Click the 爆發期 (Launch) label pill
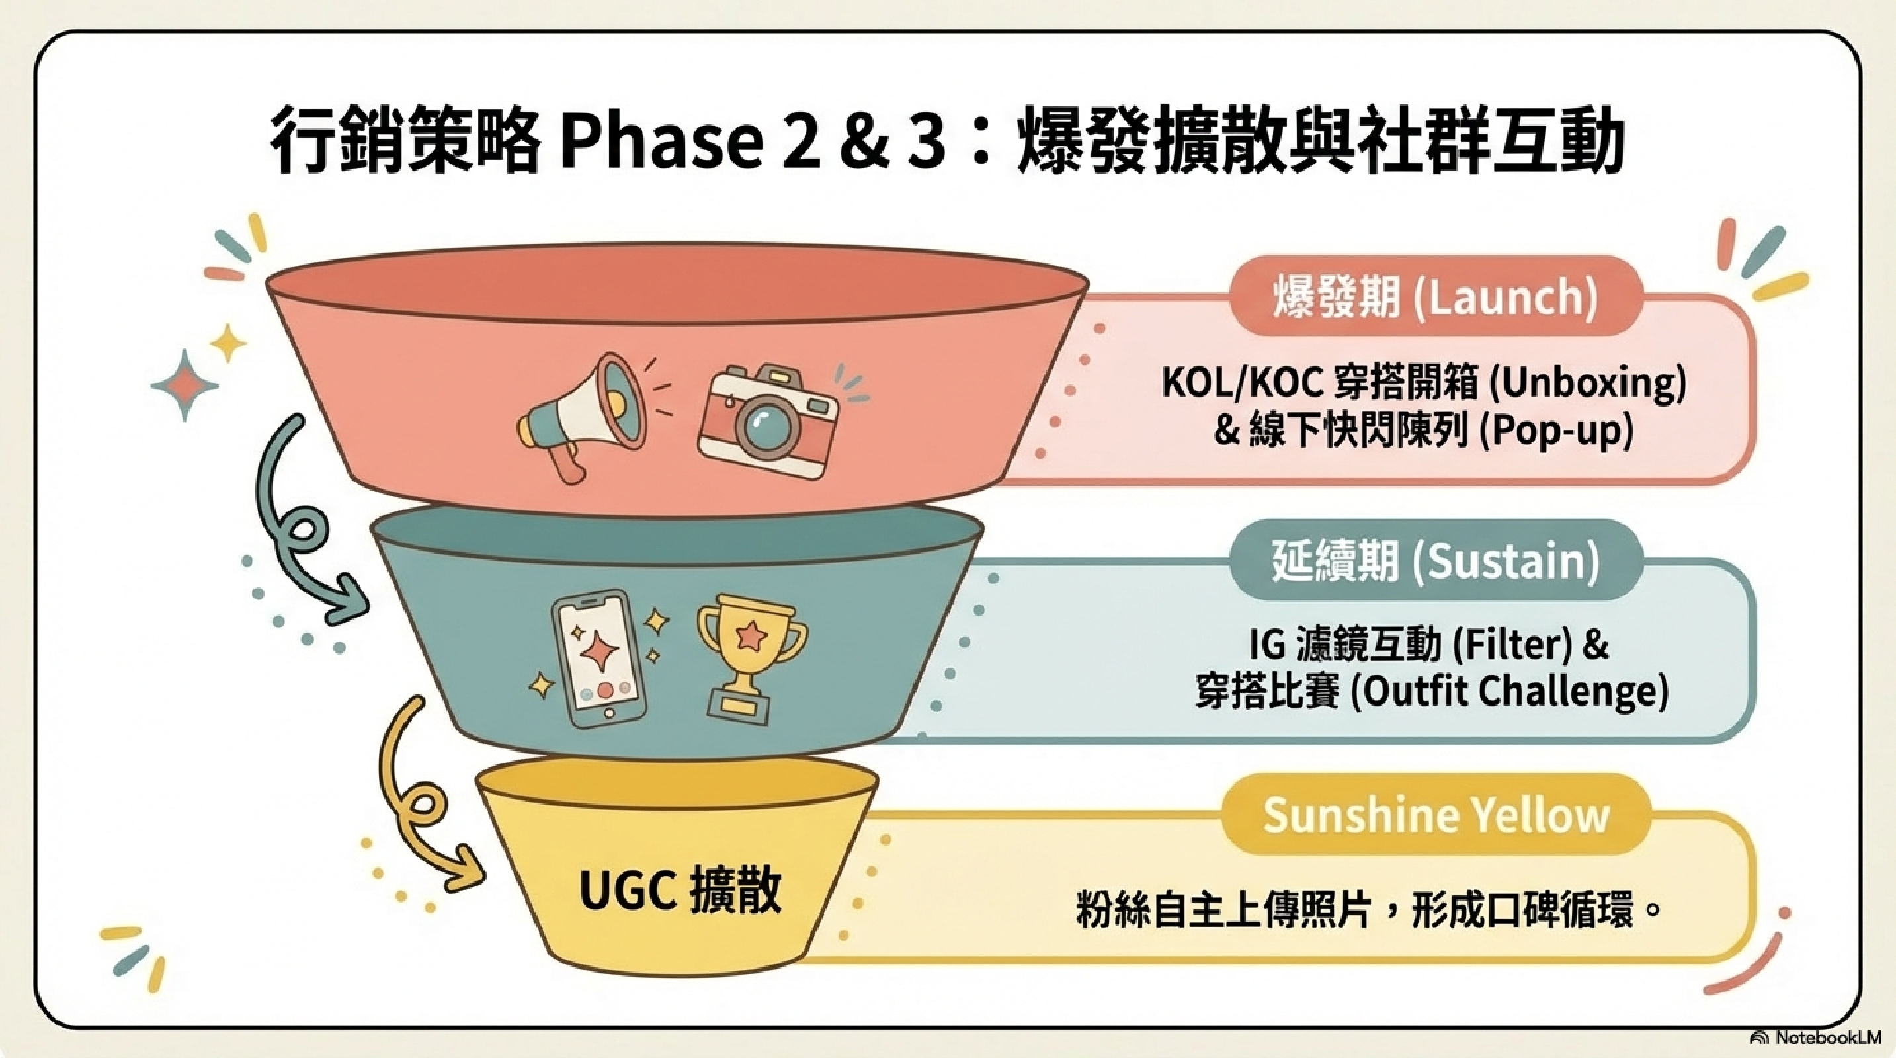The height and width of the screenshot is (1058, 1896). point(1435,298)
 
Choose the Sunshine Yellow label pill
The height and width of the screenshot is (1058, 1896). point(1435,815)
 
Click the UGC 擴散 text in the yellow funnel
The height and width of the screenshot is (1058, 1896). point(680,892)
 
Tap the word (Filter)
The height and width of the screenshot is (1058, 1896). point(1512,645)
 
